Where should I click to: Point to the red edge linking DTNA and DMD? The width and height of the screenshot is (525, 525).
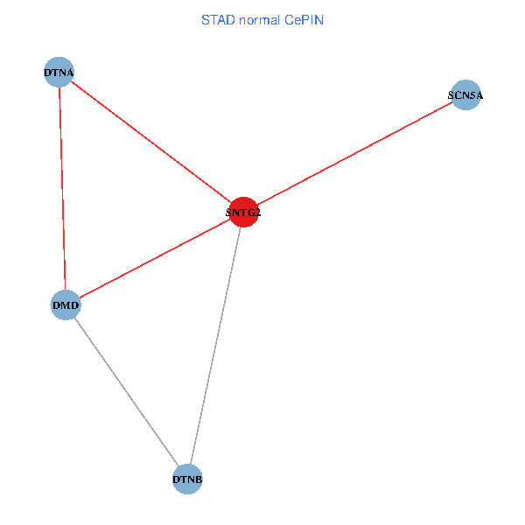point(62,189)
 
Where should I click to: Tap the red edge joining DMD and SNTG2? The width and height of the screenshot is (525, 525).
point(154,258)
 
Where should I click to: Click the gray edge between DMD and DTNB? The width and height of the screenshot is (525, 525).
point(127,392)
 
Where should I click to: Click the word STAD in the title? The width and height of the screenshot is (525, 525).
point(217,19)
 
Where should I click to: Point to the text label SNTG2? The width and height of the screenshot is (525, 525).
point(243,212)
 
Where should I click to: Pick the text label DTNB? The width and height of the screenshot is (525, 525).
point(188,480)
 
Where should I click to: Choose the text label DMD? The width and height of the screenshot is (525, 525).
point(66,306)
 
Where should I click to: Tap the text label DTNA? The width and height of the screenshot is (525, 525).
point(59,73)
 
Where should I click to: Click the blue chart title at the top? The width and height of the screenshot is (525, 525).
point(262,19)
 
